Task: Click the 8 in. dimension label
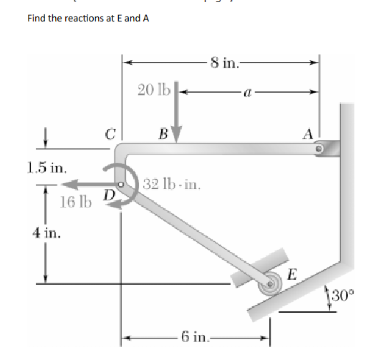(225, 63)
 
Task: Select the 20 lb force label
(154, 89)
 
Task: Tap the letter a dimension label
(247, 92)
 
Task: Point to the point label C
(110, 134)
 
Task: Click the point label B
(163, 134)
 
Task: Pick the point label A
(308, 134)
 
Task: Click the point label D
(110, 195)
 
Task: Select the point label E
(291, 274)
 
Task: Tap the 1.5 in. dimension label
(47, 167)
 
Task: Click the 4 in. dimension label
(47, 233)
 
